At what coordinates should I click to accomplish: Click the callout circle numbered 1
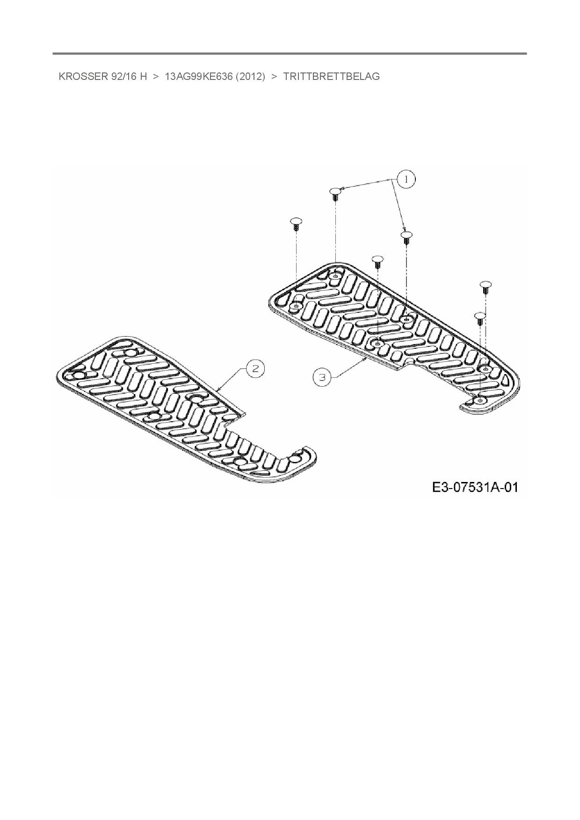click(x=406, y=179)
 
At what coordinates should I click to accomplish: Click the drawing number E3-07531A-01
click(x=475, y=488)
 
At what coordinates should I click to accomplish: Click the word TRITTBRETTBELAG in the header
click(x=331, y=77)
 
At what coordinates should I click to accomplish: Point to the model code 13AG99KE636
click(x=199, y=77)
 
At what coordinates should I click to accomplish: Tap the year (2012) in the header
click(x=251, y=77)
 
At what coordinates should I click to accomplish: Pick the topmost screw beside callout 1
click(x=335, y=194)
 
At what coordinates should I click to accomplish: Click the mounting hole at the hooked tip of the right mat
click(x=480, y=401)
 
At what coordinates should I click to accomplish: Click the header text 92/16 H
click(x=129, y=77)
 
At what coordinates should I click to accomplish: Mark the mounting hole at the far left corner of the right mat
click(x=296, y=306)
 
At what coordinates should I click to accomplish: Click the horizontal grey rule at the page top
click(x=290, y=54)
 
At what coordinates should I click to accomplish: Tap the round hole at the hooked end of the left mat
click(x=296, y=458)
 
